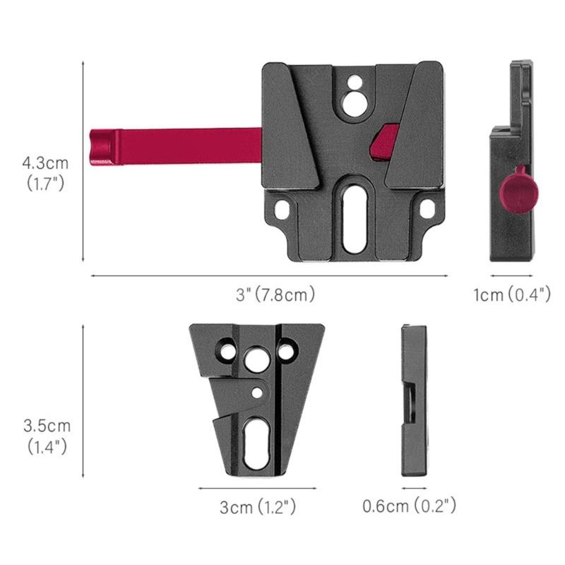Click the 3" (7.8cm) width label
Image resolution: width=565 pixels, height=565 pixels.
[x=275, y=294]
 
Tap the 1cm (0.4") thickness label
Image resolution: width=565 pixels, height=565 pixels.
[x=511, y=295]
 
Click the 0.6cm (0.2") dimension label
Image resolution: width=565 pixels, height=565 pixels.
[x=409, y=506]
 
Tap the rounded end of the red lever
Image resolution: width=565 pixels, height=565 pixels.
[x=101, y=148]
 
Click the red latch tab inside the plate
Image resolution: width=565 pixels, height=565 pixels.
[x=384, y=140]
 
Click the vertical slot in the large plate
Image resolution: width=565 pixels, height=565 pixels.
[x=353, y=220]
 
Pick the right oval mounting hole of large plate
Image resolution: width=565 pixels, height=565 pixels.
[x=427, y=210]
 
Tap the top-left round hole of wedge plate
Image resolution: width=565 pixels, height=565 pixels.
[x=226, y=349]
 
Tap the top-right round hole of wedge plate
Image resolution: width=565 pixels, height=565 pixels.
[x=287, y=349]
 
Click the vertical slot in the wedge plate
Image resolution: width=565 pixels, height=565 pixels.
[x=256, y=443]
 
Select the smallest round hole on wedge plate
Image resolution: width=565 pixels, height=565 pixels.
[x=258, y=391]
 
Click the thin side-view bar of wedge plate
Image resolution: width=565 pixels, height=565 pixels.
[x=414, y=400]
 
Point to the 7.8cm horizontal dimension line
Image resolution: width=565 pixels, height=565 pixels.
[x=268, y=275]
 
